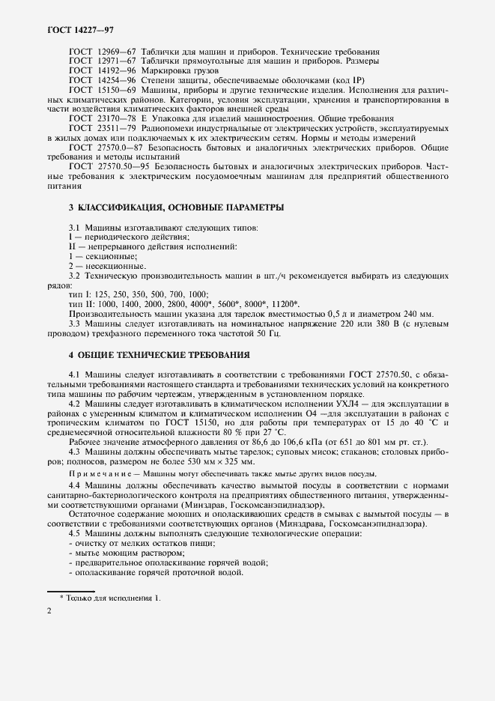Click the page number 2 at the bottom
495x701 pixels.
click(x=49, y=612)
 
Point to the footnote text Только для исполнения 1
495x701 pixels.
click(x=113, y=598)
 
